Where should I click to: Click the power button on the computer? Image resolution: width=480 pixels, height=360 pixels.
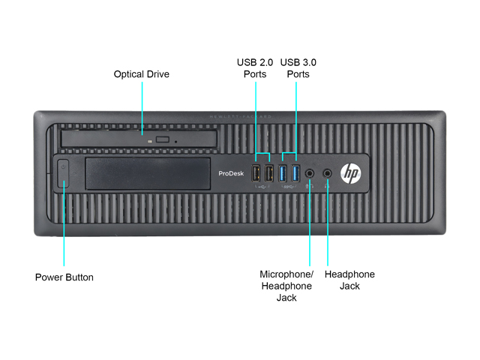64,173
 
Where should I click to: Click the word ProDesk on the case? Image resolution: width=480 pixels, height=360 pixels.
229,174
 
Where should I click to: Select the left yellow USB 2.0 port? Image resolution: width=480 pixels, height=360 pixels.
256,173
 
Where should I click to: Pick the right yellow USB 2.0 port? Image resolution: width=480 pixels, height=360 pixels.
270,173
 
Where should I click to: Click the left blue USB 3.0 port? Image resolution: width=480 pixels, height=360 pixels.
283,173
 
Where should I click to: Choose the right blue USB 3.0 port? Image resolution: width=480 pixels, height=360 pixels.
295,173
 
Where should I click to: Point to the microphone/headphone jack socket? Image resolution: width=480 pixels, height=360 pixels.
310,174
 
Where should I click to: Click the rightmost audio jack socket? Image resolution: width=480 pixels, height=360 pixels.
327,173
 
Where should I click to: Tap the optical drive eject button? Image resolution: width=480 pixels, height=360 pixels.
162,139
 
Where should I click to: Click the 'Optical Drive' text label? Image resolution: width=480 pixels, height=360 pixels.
141,74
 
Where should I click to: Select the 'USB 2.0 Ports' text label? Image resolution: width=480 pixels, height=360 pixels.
255,68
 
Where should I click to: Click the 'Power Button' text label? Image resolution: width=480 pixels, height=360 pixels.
64,277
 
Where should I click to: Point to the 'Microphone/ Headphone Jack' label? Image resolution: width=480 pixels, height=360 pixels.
286,286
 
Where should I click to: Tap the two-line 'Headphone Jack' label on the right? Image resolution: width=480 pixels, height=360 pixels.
349,280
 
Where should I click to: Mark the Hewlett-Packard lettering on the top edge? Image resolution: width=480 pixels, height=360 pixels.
239,117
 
